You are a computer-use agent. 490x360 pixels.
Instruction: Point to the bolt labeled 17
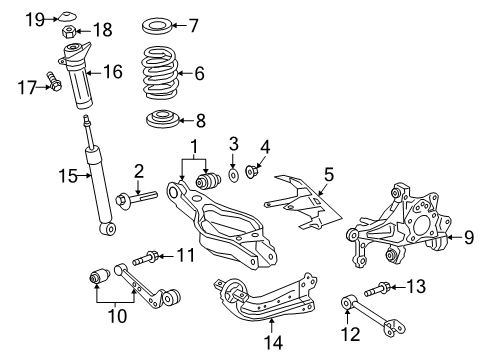[x=56, y=87]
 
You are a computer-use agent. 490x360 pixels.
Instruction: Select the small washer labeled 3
[x=232, y=176]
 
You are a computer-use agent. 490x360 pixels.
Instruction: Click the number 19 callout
[x=35, y=19]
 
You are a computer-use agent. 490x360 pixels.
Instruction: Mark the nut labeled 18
[x=72, y=30]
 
